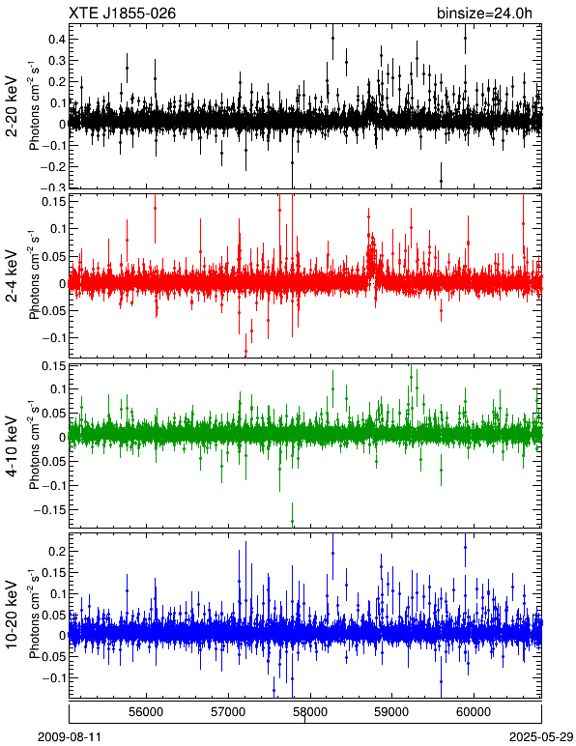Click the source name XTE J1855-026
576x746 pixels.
[x=122, y=13]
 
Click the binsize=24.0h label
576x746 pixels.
[x=484, y=14]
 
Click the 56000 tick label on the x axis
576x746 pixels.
[x=147, y=712]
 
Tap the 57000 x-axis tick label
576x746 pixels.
[x=229, y=712]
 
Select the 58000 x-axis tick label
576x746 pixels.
[x=310, y=712]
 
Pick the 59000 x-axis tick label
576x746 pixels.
[x=392, y=712]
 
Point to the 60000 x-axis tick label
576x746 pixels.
[x=475, y=712]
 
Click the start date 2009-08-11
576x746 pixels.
[x=69, y=737]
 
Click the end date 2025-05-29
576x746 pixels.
[x=541, y=737]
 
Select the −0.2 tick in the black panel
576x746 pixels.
[x=52, y=166]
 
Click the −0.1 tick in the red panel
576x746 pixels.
[x=52, y=338]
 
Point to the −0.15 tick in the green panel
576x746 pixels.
[x=49, y=509]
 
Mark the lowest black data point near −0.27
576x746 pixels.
[x=441, y=181]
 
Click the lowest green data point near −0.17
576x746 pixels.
[x=292, y=521]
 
